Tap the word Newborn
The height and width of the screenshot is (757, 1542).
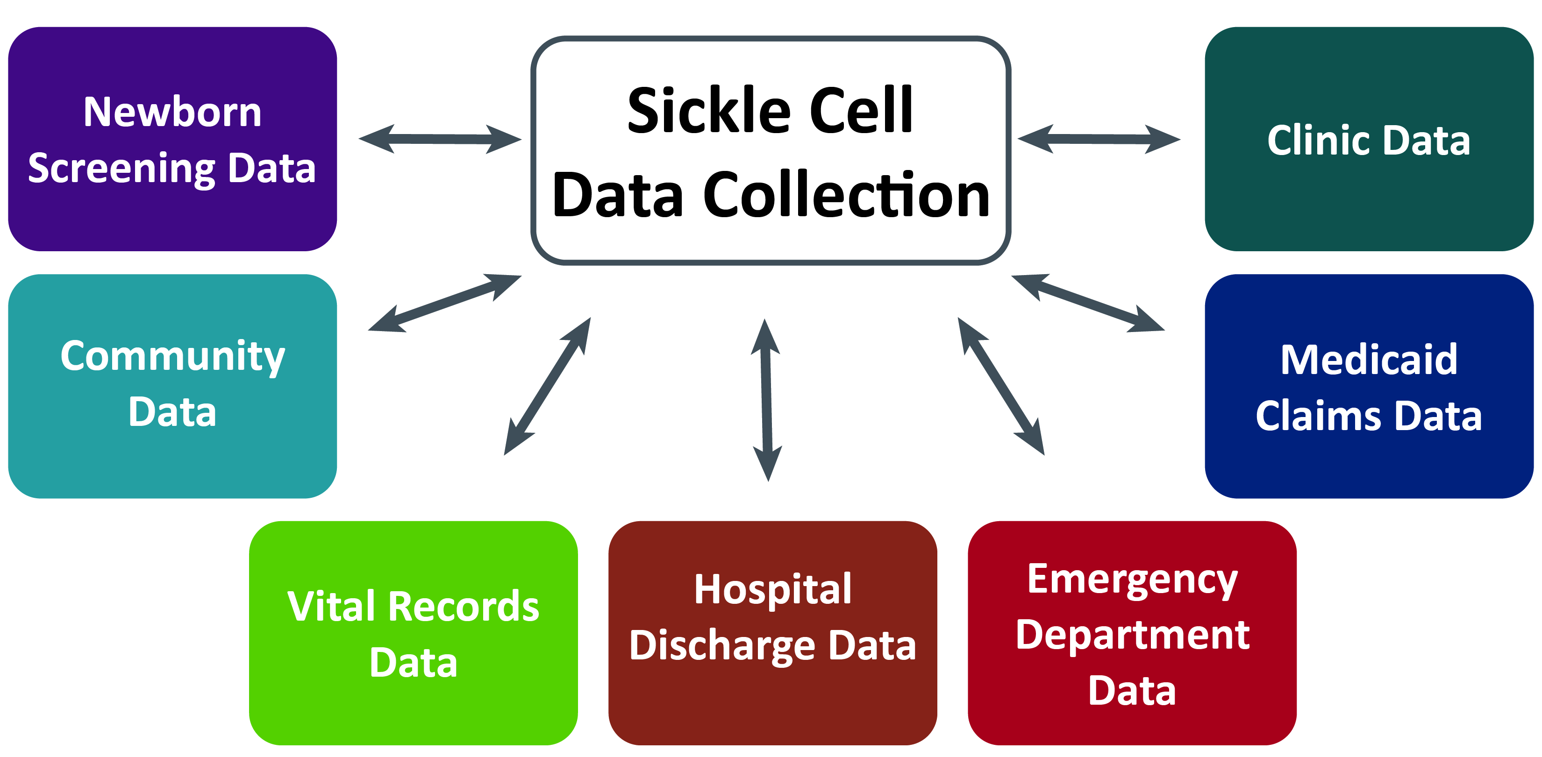[172, 112]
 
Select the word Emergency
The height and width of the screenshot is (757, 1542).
[1132, 579]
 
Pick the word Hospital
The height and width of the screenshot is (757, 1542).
[772, 589]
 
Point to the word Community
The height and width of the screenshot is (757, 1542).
[172, 357]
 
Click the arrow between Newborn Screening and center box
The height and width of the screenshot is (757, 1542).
[440, 139]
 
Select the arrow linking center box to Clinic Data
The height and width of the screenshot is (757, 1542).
[1099, 139]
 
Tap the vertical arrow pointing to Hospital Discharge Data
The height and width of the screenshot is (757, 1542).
[766, 400]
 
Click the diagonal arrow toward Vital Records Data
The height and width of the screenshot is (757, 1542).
[547, 387]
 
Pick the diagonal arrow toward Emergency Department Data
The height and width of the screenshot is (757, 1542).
[1001, 387]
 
